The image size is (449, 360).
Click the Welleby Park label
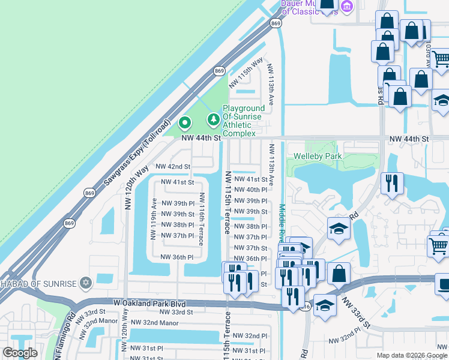click(318, 157)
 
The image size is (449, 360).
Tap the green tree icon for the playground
click(213, 121)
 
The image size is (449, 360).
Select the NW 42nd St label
click(173, 166)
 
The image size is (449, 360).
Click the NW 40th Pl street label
click(250, 190)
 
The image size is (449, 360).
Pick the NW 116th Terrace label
click(203, 218)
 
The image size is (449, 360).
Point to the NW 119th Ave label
click(154, 219)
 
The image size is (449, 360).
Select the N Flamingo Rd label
click(65, 336)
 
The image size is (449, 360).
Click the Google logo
click(20, 353)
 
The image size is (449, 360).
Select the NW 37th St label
click(250, 248)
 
